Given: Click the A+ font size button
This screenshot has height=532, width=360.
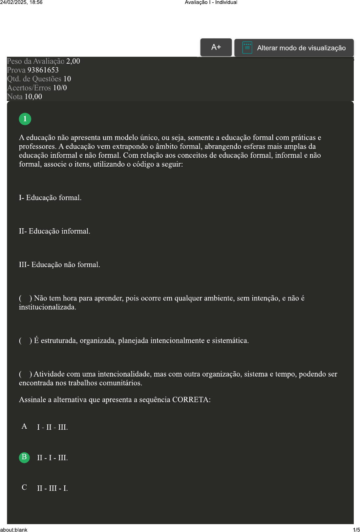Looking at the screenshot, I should click(216, 47).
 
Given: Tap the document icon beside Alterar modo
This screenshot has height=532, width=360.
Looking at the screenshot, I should click(247, 48).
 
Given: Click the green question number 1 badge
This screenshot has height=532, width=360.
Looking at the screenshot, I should click(25, 119).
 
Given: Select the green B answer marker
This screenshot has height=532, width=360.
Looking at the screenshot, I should click(24, 457).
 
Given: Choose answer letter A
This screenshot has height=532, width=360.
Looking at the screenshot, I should click(24, 426).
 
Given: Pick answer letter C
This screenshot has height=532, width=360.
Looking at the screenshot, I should click(24, 487).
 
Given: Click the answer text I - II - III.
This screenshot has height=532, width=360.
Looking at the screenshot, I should click(53, 427).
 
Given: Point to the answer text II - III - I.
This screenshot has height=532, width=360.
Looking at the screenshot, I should click(53, 488).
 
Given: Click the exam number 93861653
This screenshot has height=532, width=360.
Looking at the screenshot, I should click(43, 70).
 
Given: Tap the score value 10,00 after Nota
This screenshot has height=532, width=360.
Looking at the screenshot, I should click(33, 97).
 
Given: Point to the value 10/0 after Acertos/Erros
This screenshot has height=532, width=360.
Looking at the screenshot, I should click(60, 88).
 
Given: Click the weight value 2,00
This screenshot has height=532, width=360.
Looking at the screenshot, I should click(73, 61).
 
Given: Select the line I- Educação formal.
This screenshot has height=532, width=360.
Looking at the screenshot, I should click(50, 198).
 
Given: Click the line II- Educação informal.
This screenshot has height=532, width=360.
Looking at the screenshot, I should click(54, 231).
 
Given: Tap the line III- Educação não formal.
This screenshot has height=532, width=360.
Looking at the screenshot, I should click(59, 265).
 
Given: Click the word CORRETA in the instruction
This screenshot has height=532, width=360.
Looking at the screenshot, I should click(191, 400).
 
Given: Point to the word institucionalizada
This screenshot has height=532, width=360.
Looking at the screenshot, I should click(47, 307).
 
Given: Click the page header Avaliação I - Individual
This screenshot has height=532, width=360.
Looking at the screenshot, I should click(211, 3).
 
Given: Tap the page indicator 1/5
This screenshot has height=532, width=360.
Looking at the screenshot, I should click(356, 529).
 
